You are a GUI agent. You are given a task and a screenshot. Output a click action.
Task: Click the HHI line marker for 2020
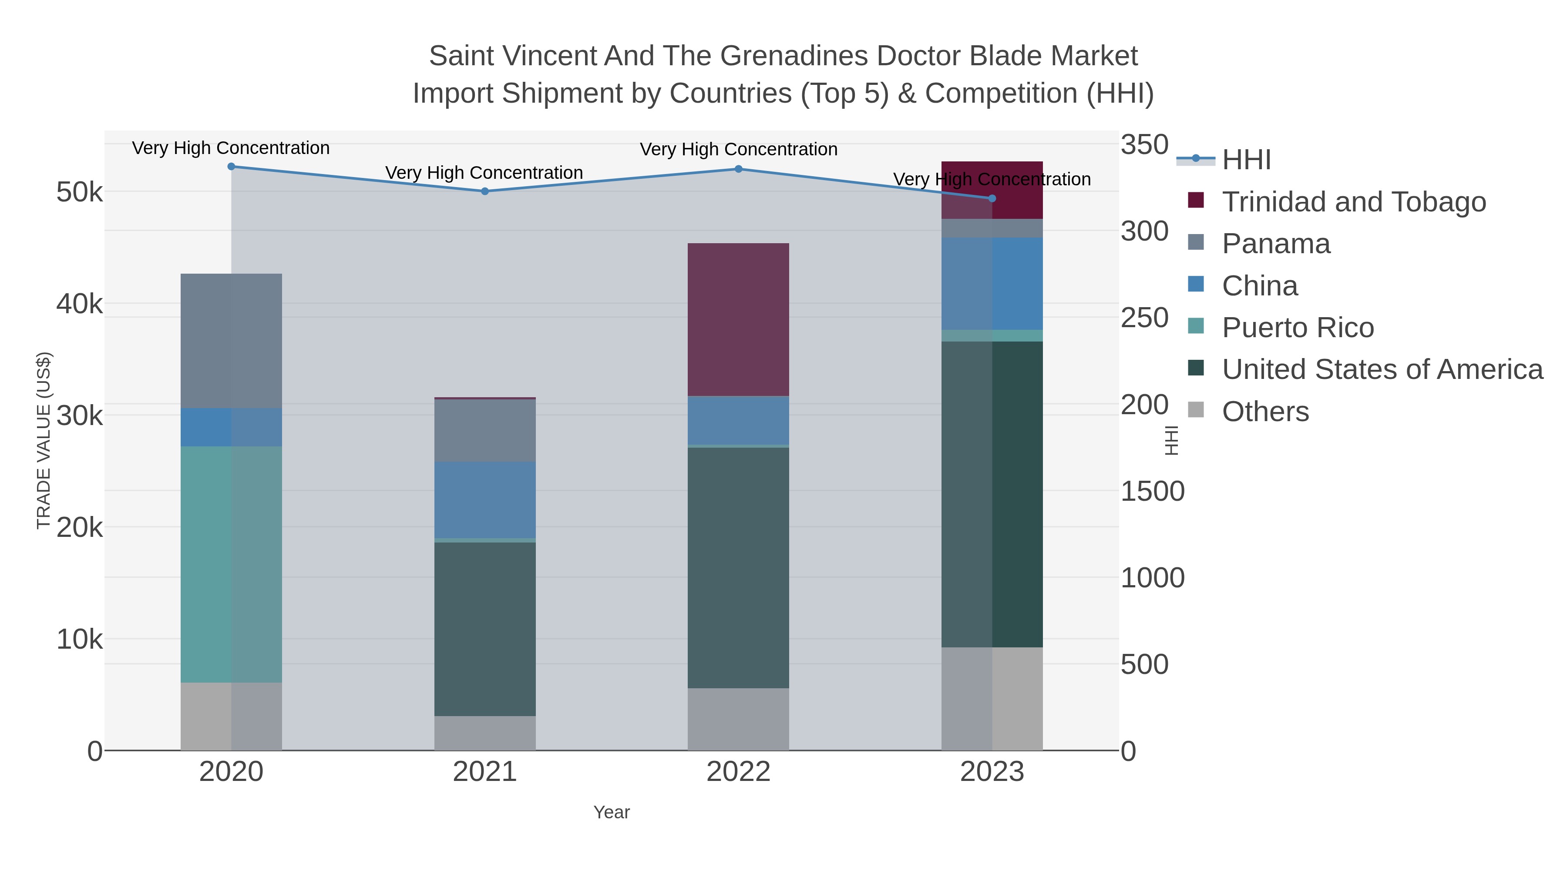tap(231, 167)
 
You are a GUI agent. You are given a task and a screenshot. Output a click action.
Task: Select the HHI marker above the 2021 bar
tap(485, 191)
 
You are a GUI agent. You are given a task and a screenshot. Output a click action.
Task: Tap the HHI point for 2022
tap(739, 169)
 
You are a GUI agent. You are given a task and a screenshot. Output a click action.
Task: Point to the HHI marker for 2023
tap(992, 199)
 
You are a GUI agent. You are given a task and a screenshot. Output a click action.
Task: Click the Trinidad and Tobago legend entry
tap(1353, 202)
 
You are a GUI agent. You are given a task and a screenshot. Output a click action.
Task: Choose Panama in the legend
tap(1276, 244)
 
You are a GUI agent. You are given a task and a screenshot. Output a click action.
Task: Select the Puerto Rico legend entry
tap(1298, 328)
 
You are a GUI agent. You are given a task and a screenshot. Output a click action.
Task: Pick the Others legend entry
tap(1265, 412)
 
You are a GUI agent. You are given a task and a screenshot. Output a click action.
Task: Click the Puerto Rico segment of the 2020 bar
tap(231, 564)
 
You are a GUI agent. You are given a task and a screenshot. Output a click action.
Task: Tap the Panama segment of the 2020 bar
tap(231, 341)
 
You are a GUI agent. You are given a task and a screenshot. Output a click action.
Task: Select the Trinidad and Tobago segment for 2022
tap(739, 320)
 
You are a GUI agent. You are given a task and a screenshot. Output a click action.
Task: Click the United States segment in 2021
tap(485, 629)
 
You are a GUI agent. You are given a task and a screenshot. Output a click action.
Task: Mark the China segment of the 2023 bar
tap(992, 284)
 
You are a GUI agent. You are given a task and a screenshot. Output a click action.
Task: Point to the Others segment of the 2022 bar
tap(739, 719)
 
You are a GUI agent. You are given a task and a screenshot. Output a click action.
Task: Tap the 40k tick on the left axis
tap(79, 304)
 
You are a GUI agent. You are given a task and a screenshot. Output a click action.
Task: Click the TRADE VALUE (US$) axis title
tap(44, 440)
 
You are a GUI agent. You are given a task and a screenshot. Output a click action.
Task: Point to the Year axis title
tap(612, 812)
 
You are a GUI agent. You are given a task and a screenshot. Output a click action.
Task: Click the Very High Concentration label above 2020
tap(231, 148)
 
